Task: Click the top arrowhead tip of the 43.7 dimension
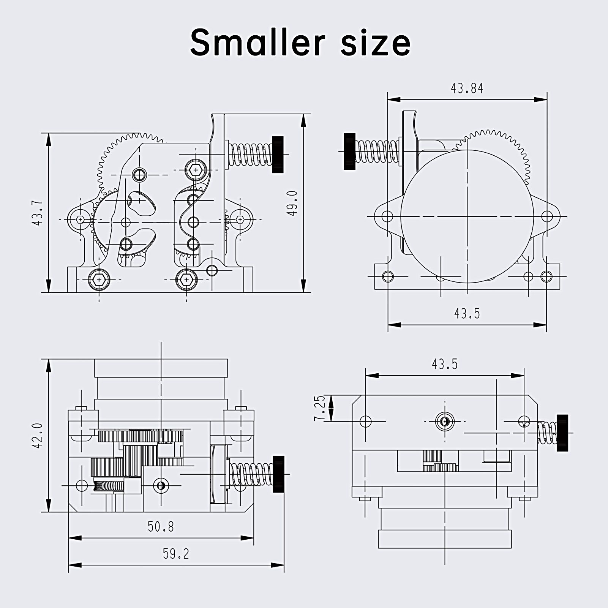click(48, 134)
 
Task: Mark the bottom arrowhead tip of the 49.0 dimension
click(303, 292)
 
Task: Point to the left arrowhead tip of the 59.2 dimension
click(69, 565)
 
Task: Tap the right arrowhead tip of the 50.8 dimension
click(253, 537)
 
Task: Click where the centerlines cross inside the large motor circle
click(467, 216)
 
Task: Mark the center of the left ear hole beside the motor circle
click(387, 216)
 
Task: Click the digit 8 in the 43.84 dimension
click(470, 88)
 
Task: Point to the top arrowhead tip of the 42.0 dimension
click(48, 360)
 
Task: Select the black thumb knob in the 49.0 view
click(278, 155)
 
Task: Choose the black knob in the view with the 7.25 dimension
click(562, 433)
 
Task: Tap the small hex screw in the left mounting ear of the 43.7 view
click(80, 220)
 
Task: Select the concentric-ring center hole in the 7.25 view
click(445, 421)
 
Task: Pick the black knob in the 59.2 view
click(278, 474)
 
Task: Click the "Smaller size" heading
click(300, 42)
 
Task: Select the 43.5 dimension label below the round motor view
click(467, 314)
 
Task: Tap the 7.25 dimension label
click(320, 408)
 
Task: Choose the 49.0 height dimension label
click(292, 203)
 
